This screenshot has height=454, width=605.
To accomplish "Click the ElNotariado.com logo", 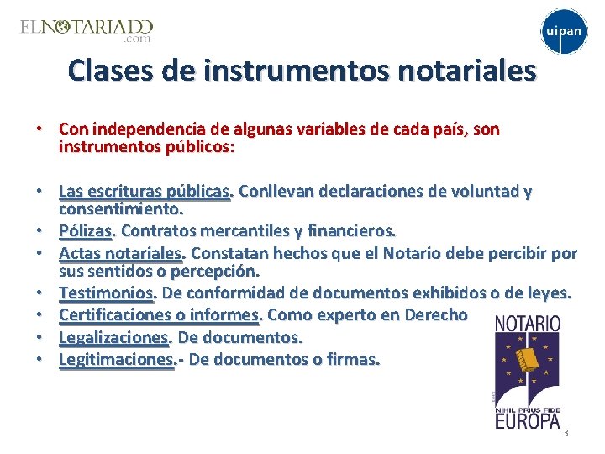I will coord(87,30).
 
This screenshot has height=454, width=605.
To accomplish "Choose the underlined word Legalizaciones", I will coord(113,337).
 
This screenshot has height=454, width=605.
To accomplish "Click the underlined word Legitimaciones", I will coord(116,359).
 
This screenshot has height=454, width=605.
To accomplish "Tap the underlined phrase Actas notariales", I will coord(121,252).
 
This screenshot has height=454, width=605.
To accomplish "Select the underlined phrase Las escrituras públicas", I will coord(144,191).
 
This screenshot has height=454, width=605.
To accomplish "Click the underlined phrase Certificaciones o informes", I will coord(160,315).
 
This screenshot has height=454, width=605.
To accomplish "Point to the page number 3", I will coord(566,433).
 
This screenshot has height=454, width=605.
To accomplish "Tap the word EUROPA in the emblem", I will coord(528,420).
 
